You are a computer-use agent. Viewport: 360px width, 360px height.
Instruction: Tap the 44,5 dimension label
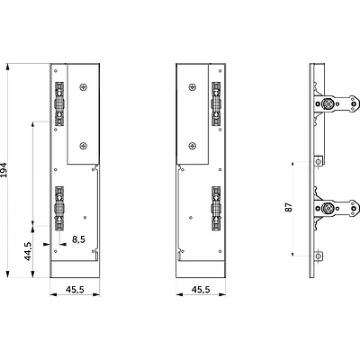point(28,251)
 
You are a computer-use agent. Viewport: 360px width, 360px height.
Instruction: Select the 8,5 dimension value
point(78,239)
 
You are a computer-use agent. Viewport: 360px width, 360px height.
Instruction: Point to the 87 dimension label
point(289,207)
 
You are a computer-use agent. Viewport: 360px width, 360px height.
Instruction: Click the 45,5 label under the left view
point(75,289)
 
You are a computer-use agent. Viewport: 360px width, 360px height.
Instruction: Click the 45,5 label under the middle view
point(201,289)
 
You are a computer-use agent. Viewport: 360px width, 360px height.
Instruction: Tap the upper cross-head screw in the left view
point(84,87)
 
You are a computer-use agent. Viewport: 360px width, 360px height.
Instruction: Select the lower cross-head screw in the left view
point(84,146)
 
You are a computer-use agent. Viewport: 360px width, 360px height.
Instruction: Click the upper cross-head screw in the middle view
point(193,87)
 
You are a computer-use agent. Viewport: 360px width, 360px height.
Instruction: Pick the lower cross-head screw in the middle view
point(193,146)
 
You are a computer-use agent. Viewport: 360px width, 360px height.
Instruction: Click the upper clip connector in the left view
point(59,103)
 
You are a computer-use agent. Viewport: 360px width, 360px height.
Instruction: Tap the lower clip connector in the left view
point(59,208)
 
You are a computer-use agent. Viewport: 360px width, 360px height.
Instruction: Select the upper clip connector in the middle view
point(216,103)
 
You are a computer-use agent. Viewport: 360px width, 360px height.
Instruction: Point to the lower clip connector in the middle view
point(216,208)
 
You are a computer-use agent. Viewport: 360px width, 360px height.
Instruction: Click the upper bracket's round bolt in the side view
point(327,103)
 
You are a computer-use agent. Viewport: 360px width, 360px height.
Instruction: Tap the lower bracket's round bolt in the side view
point(327,208)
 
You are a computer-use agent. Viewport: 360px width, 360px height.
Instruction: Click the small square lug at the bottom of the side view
point(319,256)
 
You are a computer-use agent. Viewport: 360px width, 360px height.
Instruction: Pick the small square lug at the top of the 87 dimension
point(319,162)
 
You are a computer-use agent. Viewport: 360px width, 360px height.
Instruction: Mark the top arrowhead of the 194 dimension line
point(8,67)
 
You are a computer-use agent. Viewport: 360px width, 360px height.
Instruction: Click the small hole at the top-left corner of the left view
point(55,71)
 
